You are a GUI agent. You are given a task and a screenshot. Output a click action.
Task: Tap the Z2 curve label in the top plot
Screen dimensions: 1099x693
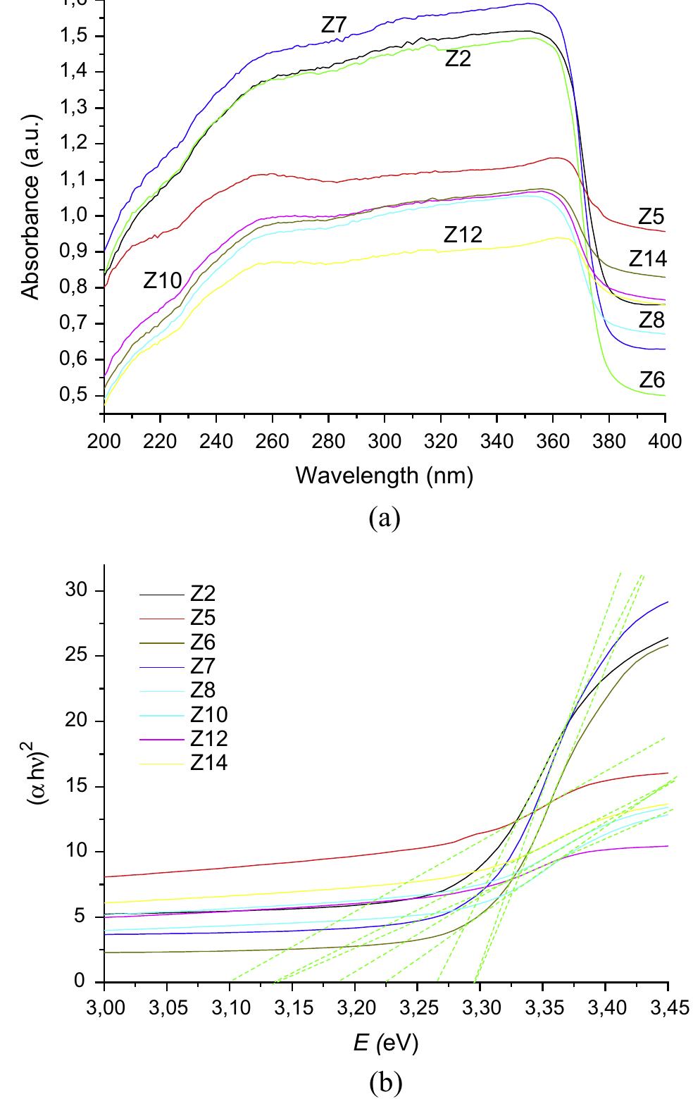pos(458,59)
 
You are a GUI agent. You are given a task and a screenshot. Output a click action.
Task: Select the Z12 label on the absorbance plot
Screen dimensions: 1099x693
pos(463,235)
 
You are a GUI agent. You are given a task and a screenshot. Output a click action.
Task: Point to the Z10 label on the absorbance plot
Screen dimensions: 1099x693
pos(163,280)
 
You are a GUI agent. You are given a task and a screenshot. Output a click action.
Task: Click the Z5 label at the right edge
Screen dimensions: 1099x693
pos(651,216)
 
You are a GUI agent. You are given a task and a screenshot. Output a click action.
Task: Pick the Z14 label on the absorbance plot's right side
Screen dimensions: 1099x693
pos(647,259)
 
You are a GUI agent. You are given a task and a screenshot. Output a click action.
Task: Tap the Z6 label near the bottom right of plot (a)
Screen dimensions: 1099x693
pos(651,380)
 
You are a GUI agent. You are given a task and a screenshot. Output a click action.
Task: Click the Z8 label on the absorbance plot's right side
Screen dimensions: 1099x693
pos(651,320)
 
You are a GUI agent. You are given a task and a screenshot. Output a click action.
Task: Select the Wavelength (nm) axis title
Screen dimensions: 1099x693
pos(384,476)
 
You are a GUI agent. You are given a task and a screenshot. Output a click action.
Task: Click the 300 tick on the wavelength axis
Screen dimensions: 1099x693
pos(384,442)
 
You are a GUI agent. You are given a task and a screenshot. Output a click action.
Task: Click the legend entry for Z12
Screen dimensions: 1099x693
pos(208,738)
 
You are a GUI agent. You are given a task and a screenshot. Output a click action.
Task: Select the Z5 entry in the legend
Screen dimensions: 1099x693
pos(204,619)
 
